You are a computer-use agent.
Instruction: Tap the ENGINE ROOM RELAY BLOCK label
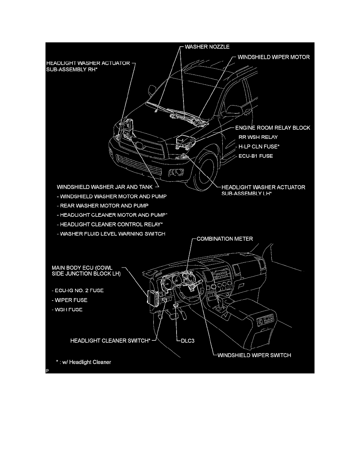pos(273,128)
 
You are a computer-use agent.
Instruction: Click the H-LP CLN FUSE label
pos(260,147)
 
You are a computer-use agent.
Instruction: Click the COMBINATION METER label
pos(225,238)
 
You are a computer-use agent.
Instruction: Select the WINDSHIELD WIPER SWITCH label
pos(254,355)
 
